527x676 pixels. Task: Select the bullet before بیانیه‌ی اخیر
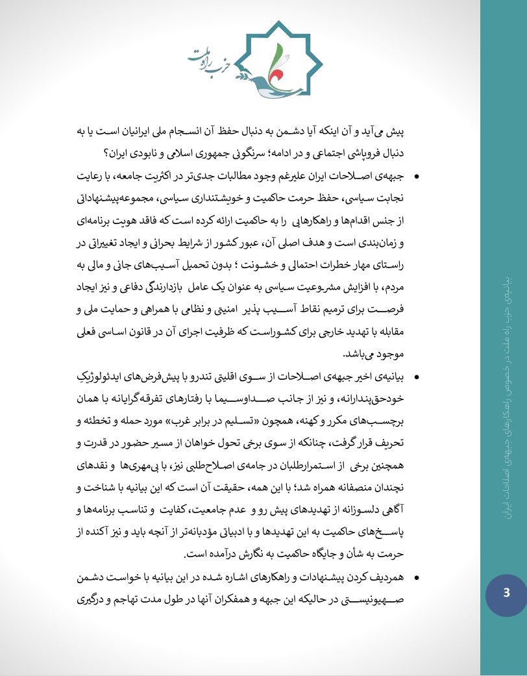416,377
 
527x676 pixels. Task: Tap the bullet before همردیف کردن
416,577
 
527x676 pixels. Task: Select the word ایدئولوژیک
98,377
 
